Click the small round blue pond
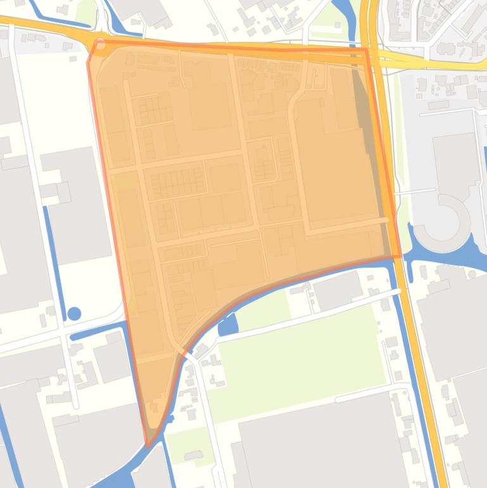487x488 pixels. tap(74, 313)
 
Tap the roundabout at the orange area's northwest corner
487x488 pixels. tap(99, 44)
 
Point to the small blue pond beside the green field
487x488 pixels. tap(227, 326)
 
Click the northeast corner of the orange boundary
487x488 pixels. tap(366, 49)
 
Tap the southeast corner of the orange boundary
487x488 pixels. tap(399, 256)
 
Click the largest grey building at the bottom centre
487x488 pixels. tap(323, 444)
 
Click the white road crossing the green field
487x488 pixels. tap(304, 315)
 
